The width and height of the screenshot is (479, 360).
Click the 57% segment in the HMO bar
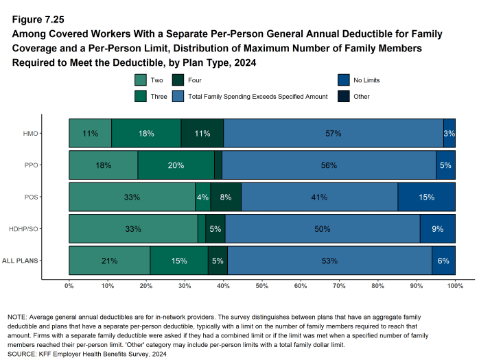[x=334, y=134]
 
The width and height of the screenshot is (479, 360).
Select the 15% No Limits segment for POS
[x=426, y=197]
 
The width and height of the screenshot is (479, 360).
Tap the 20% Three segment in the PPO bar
[x=176, y=165]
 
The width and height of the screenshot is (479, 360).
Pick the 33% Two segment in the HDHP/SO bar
[x=133, y=229]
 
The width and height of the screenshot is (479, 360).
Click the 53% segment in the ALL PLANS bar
[x=329, y=261]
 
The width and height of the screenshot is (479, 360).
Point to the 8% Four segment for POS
[x=226, y=197]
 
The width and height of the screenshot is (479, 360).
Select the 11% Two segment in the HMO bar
[x=90, y=134]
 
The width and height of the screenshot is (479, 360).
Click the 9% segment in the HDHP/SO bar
[x=437, y=229]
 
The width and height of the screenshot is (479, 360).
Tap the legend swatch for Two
[x=141, y=80]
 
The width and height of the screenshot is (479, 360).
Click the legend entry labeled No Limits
[x=367, y=80]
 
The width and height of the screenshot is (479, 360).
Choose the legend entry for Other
[x=360, y=97]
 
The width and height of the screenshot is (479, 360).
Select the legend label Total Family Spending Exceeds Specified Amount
[x=258, y=97]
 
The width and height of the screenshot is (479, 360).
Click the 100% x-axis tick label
[x=454, y=285]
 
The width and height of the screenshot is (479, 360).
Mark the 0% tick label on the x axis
[x=69, y=285]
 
